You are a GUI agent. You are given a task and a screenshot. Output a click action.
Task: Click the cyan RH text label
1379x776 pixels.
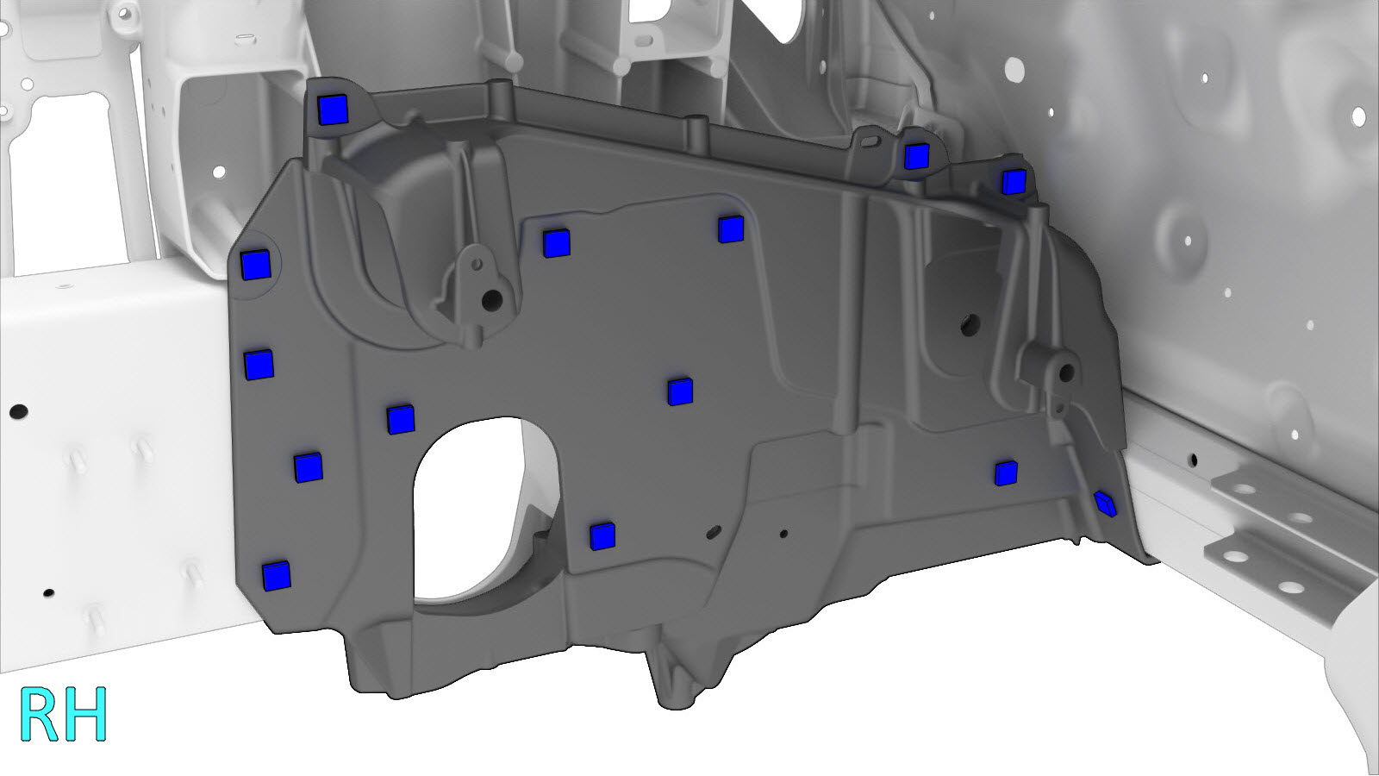(64, 715)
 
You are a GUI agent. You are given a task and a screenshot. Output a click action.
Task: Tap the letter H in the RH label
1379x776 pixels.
(87, 715)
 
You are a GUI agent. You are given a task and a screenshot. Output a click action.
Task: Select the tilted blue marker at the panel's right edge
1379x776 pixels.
(1106, 504)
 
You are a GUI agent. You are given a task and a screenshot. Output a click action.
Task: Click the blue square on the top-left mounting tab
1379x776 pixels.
(333, 110)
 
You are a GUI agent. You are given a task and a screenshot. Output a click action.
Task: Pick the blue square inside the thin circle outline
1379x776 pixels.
(256, 266)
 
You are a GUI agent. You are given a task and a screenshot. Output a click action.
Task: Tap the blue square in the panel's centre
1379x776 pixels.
(680, 391)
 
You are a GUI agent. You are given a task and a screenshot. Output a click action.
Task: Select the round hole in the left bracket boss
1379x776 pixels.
(492, 300)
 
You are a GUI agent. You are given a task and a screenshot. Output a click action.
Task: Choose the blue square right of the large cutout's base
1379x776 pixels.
(602, 536)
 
